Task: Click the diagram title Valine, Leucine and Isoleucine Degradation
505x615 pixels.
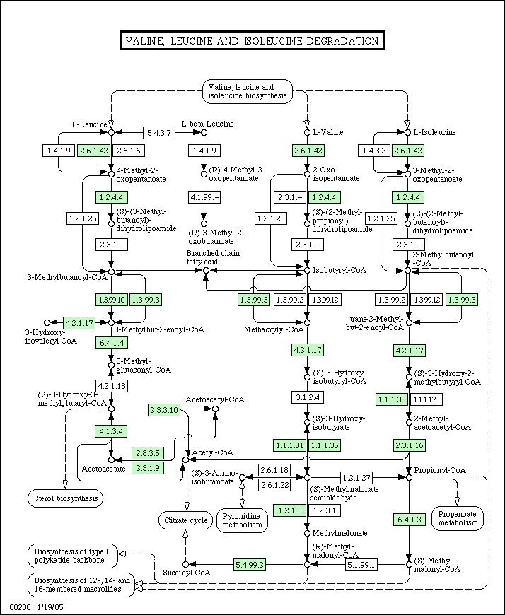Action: (253, 41)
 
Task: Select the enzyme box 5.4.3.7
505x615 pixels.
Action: (159, 133)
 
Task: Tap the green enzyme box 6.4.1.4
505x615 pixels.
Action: (112, 343)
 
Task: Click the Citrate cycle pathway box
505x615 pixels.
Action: (185, 520)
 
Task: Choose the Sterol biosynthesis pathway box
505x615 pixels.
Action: (66, 498)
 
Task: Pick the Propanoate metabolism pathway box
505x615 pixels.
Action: (458, 518)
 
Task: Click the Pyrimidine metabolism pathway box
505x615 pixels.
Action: (242, 520)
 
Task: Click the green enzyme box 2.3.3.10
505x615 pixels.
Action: (163, 410)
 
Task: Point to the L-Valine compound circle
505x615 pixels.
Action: (307, 133)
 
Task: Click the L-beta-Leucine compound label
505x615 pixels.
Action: (207, 124)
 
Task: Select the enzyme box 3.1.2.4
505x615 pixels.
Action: (308, 397)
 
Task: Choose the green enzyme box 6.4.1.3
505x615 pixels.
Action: (410, 520)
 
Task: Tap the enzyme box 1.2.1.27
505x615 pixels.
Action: (356, 477)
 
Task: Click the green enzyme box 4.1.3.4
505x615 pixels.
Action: (111, 431)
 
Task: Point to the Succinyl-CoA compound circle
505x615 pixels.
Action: (186, 564)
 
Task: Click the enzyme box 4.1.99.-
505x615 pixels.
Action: (204, 197)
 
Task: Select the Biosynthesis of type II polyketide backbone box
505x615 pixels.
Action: (73, 556)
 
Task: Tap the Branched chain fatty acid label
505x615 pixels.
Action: (213, 257)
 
